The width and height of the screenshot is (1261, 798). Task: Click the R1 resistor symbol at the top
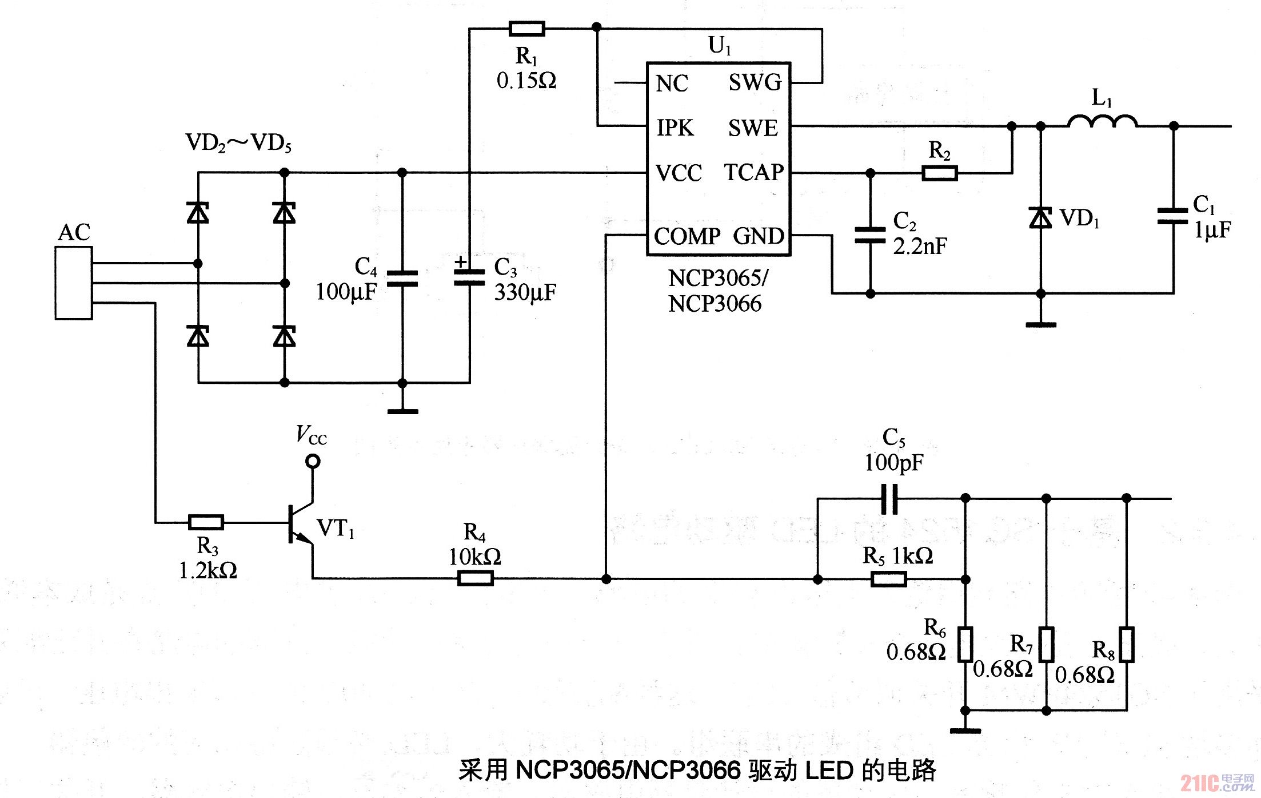(526, 28)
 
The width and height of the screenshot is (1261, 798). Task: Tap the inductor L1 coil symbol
(1102, 121)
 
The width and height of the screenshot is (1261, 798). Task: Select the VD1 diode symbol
(1040, 218)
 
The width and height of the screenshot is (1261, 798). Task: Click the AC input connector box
(74, 283)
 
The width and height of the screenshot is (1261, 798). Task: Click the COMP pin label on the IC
(687, 236)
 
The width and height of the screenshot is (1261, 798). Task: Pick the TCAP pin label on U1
(754, 172)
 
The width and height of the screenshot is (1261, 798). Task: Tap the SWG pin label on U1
(755, 83)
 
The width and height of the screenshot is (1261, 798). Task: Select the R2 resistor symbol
(940, 173)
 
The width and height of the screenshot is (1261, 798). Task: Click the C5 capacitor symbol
(889, 499)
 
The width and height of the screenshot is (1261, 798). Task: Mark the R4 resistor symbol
(476, 579)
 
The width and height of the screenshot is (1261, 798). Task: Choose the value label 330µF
(525, 292)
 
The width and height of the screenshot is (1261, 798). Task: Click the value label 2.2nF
(920, 247)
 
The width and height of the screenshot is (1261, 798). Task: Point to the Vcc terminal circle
(313, 461)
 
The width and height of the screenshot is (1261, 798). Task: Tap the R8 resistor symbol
(1127, 645)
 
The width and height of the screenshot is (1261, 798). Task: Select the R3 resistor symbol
(206, 522)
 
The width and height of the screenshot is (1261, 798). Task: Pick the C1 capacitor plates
(1173, 216)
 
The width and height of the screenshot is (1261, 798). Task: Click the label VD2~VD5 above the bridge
(238, 143)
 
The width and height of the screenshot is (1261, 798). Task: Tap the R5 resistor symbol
(889, 579)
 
